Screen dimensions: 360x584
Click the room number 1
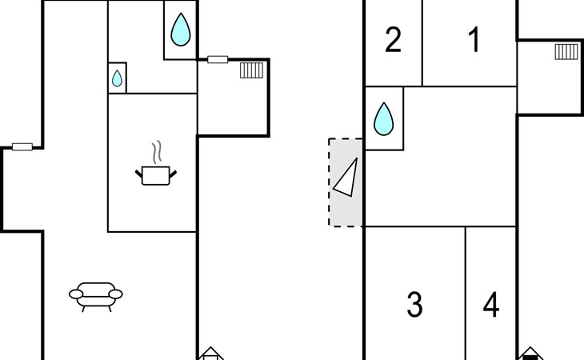474,39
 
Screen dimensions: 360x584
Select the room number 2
393,39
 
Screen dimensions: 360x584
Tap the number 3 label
414,305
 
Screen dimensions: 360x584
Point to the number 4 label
491,305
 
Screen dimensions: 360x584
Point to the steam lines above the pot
158,151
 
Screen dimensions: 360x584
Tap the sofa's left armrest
77,294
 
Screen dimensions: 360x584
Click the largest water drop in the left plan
181,30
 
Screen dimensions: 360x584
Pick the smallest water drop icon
117,78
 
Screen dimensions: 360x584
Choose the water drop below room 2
384,118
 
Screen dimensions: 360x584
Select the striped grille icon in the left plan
251,70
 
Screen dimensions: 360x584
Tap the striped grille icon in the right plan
566,52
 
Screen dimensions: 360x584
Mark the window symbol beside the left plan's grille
218,59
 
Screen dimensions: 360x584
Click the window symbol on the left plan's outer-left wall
22,147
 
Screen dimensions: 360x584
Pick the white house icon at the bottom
210,354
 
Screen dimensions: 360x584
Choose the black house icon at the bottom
530,354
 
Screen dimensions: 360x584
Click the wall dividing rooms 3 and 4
466,292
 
